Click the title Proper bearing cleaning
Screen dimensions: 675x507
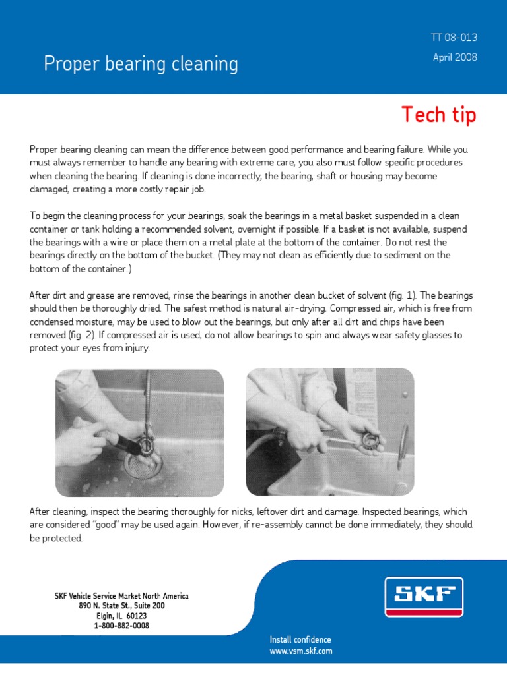click(x=141, y=64)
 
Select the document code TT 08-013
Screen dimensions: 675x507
click(x=454, y=38)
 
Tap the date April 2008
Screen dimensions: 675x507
click(x=454, y=57)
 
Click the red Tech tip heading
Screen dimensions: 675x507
click(x=438, y=115)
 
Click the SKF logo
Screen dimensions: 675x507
click(x=424, y=597)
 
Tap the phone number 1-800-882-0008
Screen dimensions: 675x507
click(x=121, y=625)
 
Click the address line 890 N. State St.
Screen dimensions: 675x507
click(x=121, y=605)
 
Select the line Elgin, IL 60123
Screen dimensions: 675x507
click(x=121, y=615)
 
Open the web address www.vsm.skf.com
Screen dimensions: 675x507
click(x=300, y=651)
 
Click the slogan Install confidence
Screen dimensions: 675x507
click(x=300, y=639)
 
